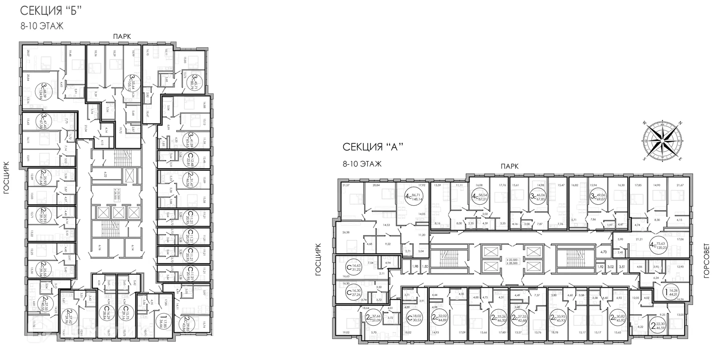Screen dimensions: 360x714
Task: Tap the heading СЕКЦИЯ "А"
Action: [x=373, y=147]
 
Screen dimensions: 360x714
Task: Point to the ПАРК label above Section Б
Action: [x=121, y=37]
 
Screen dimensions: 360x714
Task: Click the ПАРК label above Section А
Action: [x=509, y=166]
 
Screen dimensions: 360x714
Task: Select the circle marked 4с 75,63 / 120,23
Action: [x=662, y=244]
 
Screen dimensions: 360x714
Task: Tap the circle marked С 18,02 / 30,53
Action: [x=414, y=318]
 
